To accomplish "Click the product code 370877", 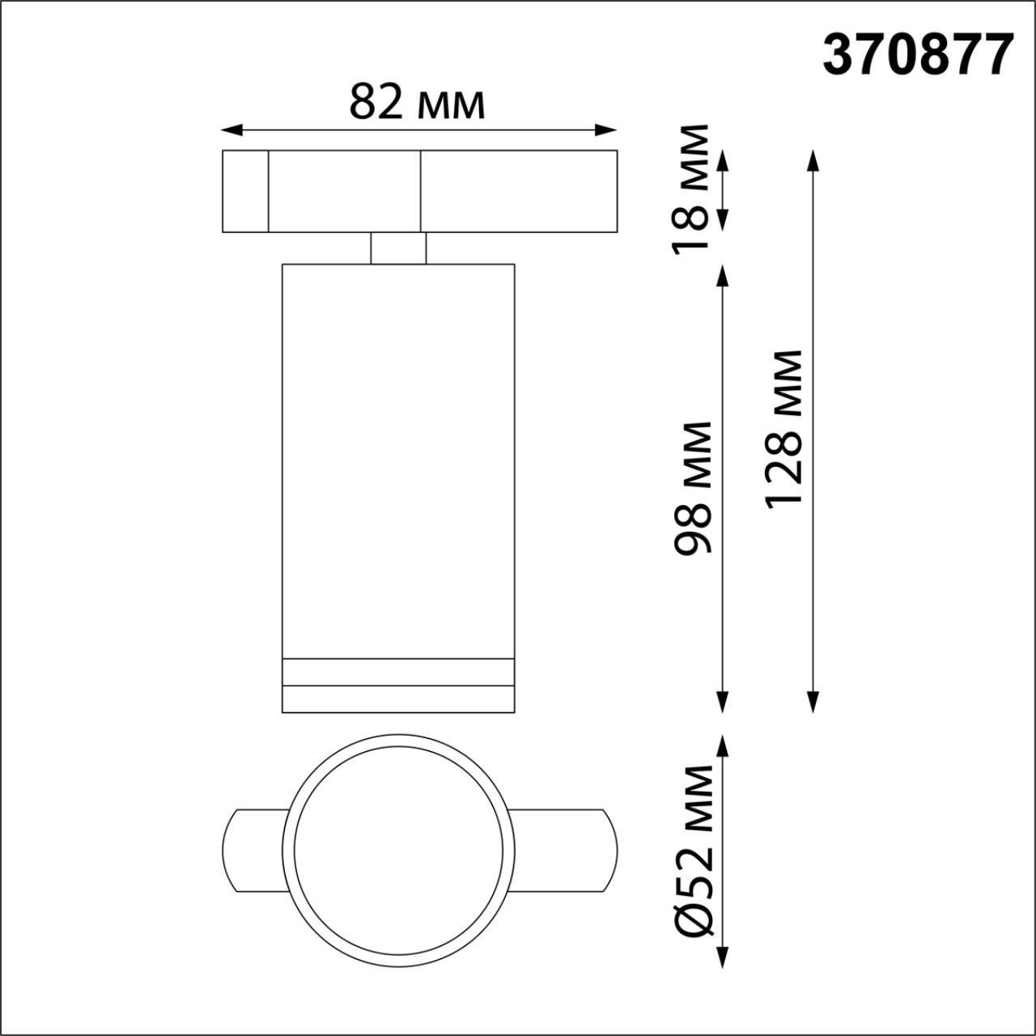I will (918, 56).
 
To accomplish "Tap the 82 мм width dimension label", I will (417, 103).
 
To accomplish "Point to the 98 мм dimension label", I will (693, 487).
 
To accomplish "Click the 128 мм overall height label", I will (783, 429).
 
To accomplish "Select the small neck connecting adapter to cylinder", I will (398, 248).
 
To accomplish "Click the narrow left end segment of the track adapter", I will (245, 191).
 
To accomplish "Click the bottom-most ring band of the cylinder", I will (397, 700).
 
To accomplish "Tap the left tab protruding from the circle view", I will (252, 850).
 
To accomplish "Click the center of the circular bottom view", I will (397, 850).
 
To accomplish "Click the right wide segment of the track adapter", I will (518, 191).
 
